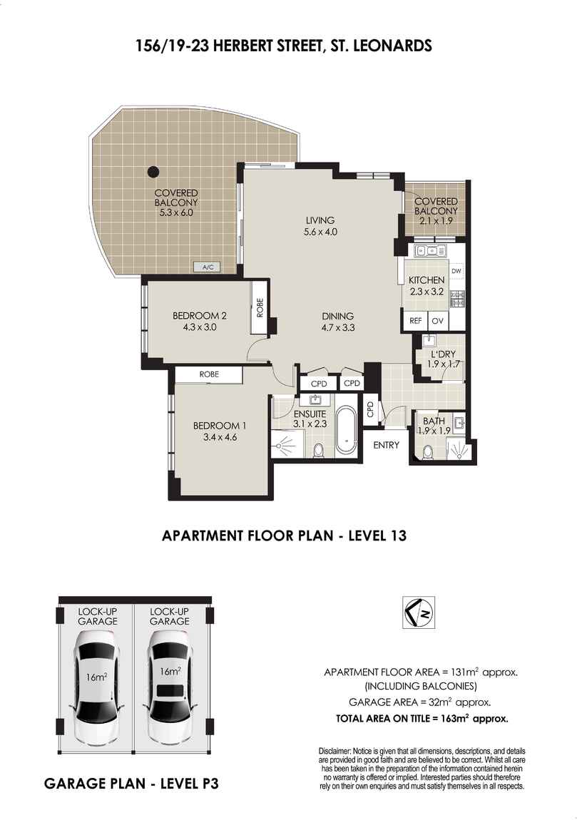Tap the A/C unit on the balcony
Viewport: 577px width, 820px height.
[208, 267]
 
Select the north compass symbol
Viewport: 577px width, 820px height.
[420, 613]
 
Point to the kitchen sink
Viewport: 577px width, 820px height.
[432, 251]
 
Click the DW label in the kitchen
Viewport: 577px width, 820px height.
[456, 271]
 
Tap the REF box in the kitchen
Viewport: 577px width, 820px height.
[415, 321]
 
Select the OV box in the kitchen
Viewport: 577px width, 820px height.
[438, 321]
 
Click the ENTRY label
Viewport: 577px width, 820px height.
[386, 444]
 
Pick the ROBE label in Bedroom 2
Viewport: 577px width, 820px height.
[260, 307]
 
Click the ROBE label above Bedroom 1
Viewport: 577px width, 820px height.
[209, 374]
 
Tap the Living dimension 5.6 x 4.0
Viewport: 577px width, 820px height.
[320, 232]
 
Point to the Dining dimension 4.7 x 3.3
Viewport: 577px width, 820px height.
[338, 328]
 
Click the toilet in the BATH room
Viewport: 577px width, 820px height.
[428, 452]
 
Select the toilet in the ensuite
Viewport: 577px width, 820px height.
[317, 450]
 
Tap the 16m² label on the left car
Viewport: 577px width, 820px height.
[97, 677]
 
